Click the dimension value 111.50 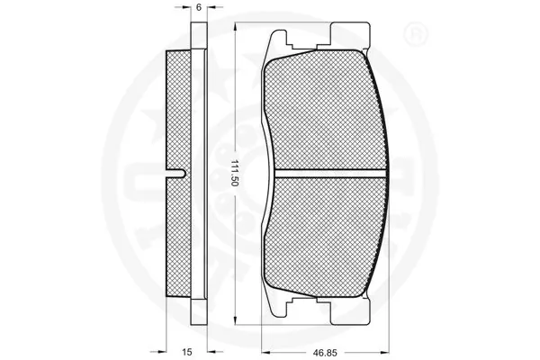pyautogui.click(x=233, y=172)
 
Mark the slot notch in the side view pyautogui.click(x=181, y=172)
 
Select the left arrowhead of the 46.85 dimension pyautogui.click(x=263, y=345)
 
